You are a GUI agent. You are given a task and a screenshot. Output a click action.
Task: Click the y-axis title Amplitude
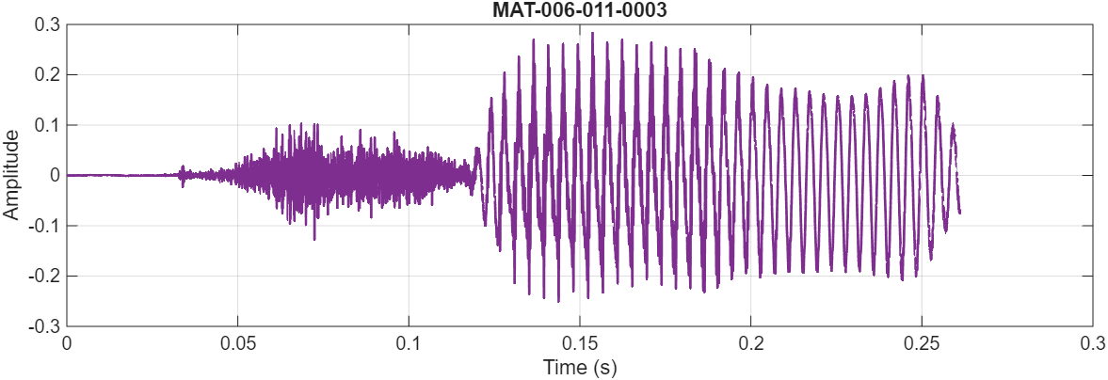11,175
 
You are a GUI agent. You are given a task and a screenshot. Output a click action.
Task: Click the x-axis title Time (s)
579,367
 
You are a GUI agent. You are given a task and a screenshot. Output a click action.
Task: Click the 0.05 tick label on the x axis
237,343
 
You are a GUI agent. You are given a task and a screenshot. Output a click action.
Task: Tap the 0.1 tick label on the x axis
409,343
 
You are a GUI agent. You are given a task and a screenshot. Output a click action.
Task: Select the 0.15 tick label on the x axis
579,343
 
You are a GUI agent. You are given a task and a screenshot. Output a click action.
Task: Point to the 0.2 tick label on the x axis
750,343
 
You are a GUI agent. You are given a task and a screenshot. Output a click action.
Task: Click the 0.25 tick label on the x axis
922,343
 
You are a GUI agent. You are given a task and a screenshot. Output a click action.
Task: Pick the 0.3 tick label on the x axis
1092,343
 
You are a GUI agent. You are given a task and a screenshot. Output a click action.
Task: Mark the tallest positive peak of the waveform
592,33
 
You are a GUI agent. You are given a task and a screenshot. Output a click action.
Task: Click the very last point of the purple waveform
959,213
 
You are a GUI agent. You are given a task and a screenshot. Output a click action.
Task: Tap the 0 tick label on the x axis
67,343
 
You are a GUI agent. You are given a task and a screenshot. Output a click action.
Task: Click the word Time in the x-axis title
562,367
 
